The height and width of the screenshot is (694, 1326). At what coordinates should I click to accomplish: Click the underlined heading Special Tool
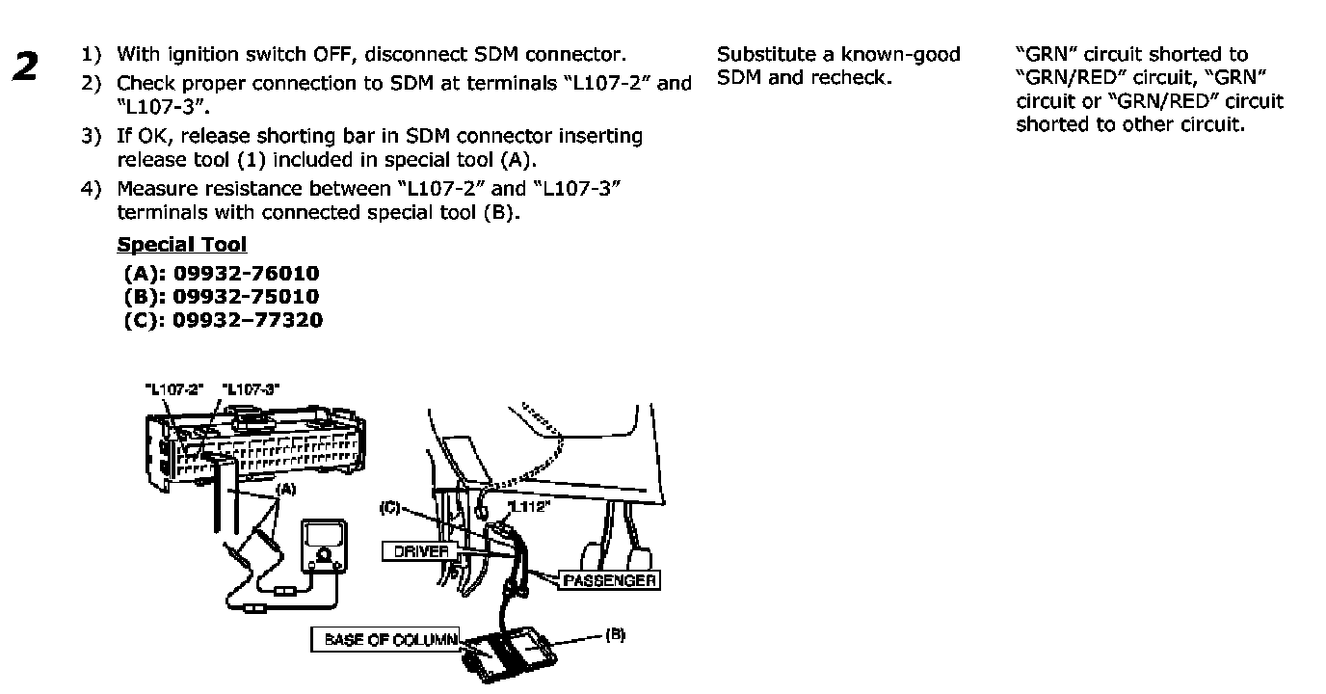(182, 245)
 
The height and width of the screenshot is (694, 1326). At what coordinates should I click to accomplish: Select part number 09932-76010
(246, 274)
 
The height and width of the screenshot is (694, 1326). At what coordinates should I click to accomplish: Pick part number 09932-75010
(246, 296)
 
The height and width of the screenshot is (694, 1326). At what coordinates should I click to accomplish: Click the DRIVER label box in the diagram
(421, 551)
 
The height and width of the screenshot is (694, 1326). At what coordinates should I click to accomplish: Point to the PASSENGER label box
(610, 580)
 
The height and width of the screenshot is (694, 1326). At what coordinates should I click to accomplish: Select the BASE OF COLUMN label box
(385, 638)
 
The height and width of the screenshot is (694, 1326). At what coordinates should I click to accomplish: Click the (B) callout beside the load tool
(615, 634)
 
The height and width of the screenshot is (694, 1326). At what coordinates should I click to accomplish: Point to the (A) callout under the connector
(285, 489)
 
